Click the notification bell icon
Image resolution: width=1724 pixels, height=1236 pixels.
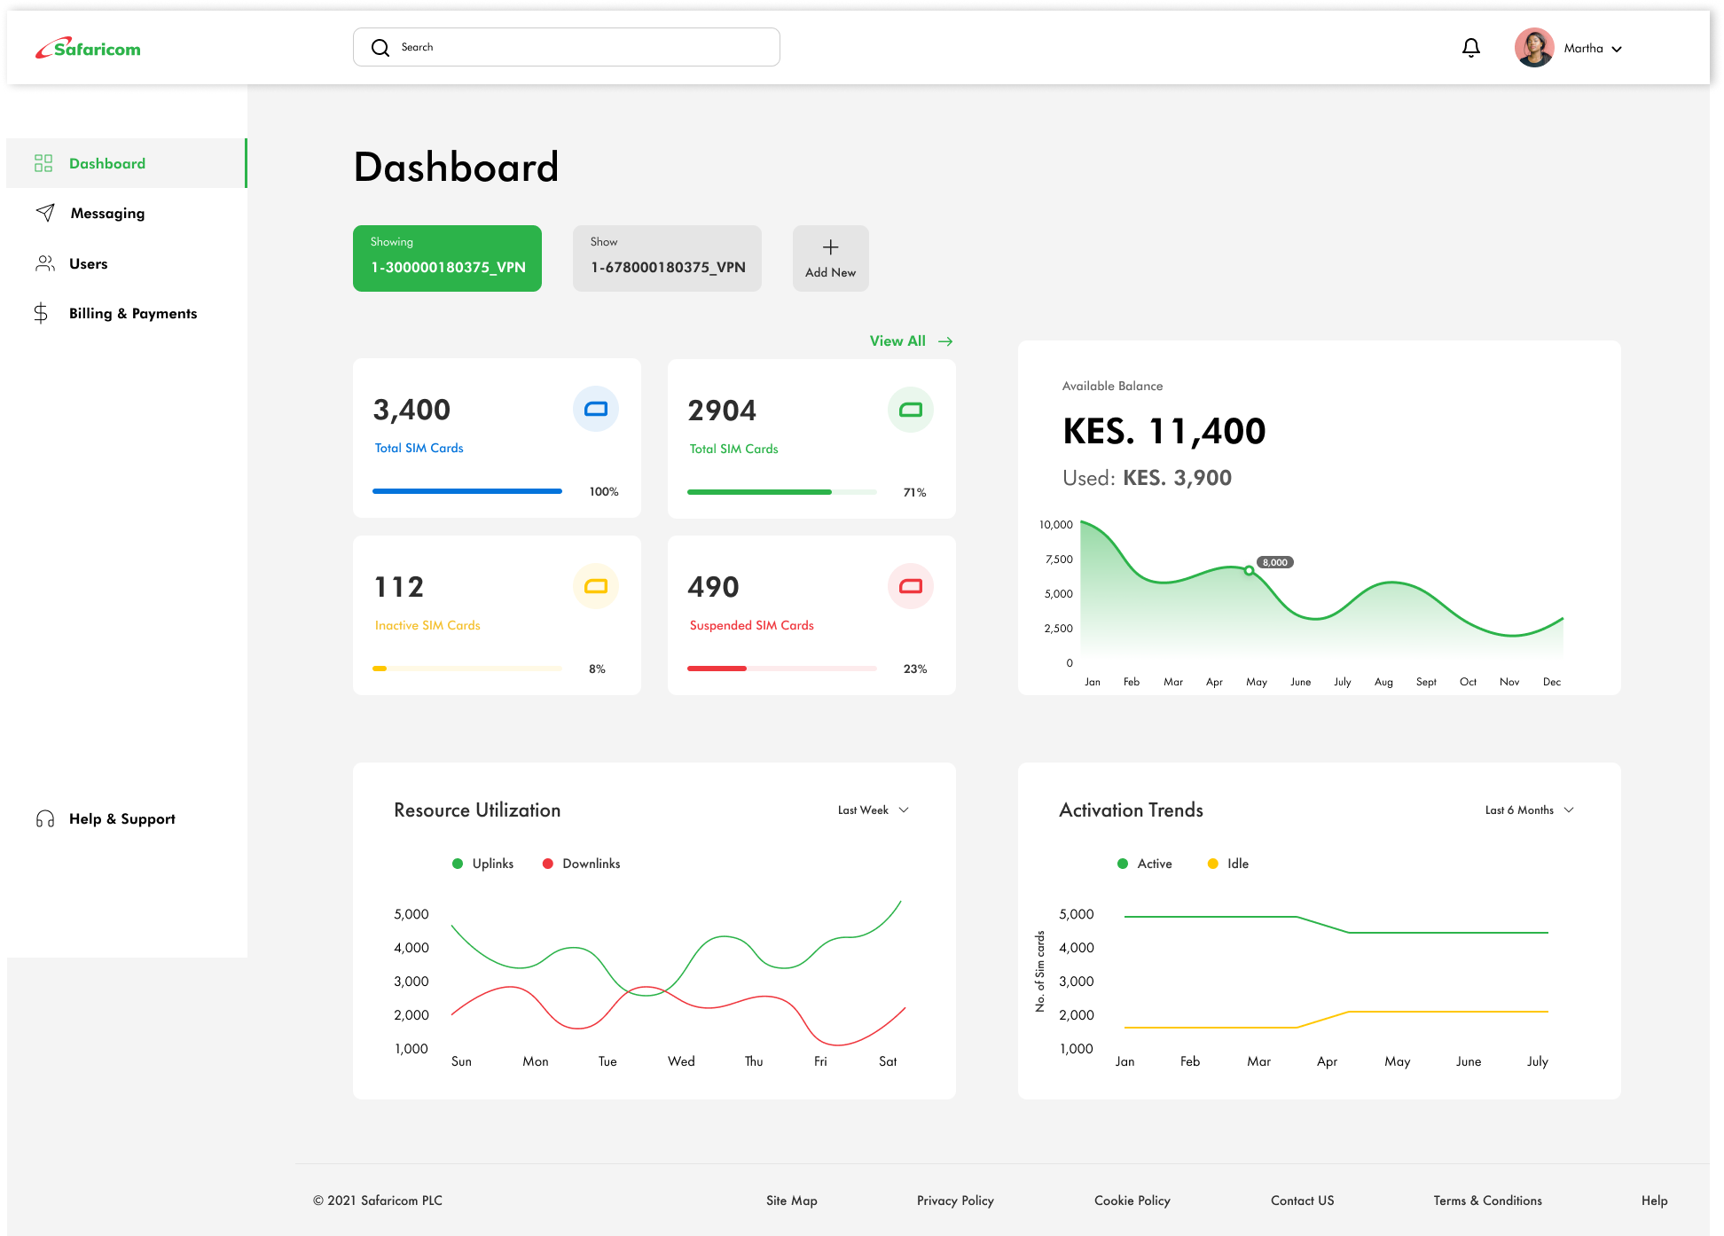[x=1470, y=48]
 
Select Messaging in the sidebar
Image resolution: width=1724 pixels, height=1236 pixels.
[x=107, y=214]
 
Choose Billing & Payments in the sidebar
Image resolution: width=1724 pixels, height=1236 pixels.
[x=132, y=314]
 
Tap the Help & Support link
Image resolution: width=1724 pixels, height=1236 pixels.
[x=121, y=819]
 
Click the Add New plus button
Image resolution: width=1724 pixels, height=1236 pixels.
[x=830, y=258]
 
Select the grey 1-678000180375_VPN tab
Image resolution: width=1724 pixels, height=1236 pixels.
[x=667, y=258]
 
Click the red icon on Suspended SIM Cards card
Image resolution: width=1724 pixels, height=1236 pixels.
[x=910, y=586]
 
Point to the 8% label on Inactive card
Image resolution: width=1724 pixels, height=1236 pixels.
[x=597, y=669]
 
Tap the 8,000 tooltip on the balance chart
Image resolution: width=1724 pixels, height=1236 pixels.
[x=1274, y=562]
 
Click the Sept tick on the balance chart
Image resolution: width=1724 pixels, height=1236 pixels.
[x=1426, y=682]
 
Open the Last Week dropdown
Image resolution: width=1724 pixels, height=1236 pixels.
[x=873, y=810]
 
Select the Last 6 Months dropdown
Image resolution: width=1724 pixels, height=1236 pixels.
[x=1528, y=810]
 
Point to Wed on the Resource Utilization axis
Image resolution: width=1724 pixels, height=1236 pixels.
[x=681, y=1061]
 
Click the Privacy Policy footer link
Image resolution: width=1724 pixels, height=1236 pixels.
[x=955, y=1201]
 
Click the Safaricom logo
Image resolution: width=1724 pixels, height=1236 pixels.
[x=88, y=49]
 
